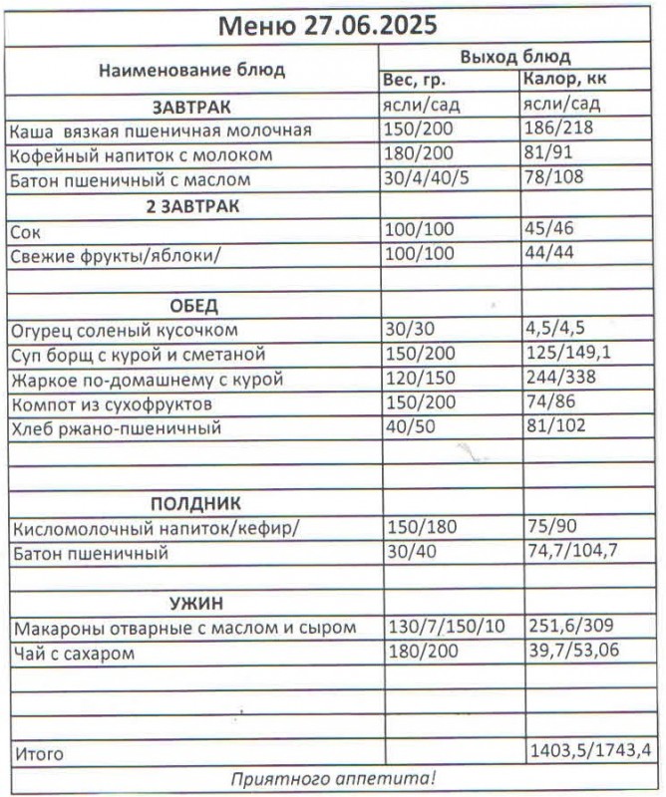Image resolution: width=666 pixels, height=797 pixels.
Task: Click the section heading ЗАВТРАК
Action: tap(191, 106)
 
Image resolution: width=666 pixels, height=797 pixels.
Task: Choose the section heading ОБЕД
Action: tap(191, 305)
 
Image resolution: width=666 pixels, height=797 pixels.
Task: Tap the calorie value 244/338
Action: tap(556, 380)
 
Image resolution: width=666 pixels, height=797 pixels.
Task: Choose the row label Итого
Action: tap(38, 753)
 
